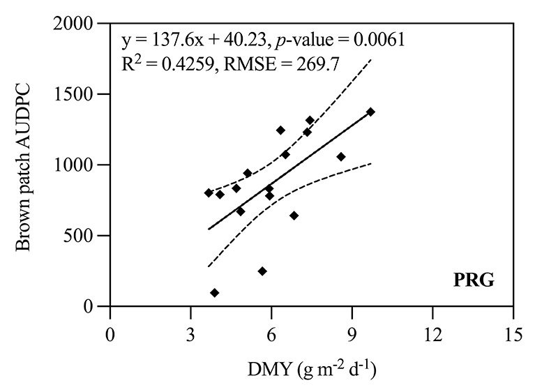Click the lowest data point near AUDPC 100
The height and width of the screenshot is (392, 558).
coord(215,293)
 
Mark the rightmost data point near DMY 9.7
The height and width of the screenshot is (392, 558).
coord(370,112)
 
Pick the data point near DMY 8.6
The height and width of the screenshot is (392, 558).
coord(341,157)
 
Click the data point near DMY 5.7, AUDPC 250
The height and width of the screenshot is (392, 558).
coord(262,271)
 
